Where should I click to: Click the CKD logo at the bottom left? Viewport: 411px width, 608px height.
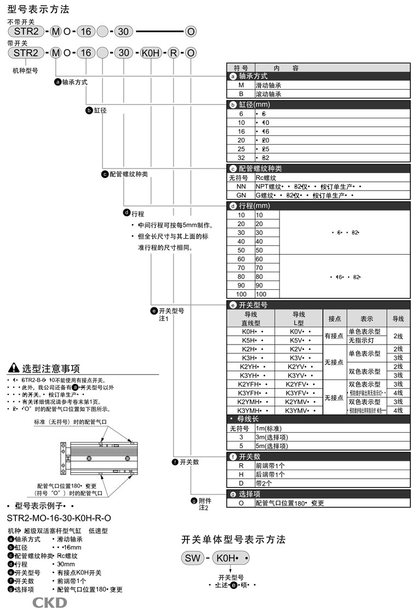[x=49, y=602]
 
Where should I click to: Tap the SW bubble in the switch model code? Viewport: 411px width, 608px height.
[x=192, y=559]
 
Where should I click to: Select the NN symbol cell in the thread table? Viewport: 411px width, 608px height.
[x=241, y=186]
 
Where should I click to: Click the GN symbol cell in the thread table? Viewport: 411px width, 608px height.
[x=241, y=195]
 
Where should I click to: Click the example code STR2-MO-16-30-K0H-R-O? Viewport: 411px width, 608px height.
[x=59, y=518]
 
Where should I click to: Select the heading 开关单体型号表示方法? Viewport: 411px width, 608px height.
[x=233, y=540]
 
